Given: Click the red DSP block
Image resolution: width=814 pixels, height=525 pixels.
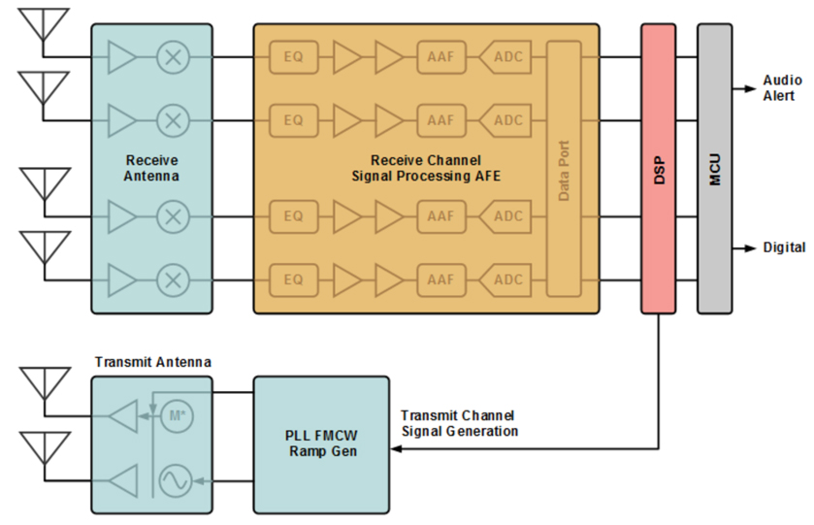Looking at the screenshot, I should click(658, 169).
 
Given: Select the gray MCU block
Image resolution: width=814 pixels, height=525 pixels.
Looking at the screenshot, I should click(714, 169).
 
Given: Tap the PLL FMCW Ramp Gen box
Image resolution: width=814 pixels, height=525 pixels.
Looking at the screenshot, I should click(321, 443).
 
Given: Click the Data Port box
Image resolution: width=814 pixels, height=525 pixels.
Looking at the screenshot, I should click(564, 169).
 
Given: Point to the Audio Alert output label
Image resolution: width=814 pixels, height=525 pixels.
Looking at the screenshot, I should click(781, 88).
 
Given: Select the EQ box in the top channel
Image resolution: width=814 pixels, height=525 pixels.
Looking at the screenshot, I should click(294, 57).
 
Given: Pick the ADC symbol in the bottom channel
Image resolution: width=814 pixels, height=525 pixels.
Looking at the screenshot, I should click(505, 280).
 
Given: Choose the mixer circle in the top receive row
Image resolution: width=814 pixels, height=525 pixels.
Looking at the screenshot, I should click(173, 57).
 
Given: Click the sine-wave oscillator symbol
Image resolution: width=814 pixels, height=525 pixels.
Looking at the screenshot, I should click(176, 478).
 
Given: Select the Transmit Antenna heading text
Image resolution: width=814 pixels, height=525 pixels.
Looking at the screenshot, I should click(152, 362).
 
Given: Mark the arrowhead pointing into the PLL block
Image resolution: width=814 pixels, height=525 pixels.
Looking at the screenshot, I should click(396, 450).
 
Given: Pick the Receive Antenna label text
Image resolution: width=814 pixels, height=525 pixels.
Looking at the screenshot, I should click(151, 168).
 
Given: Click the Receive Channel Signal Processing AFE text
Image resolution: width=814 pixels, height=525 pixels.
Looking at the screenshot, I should click(425, 168).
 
